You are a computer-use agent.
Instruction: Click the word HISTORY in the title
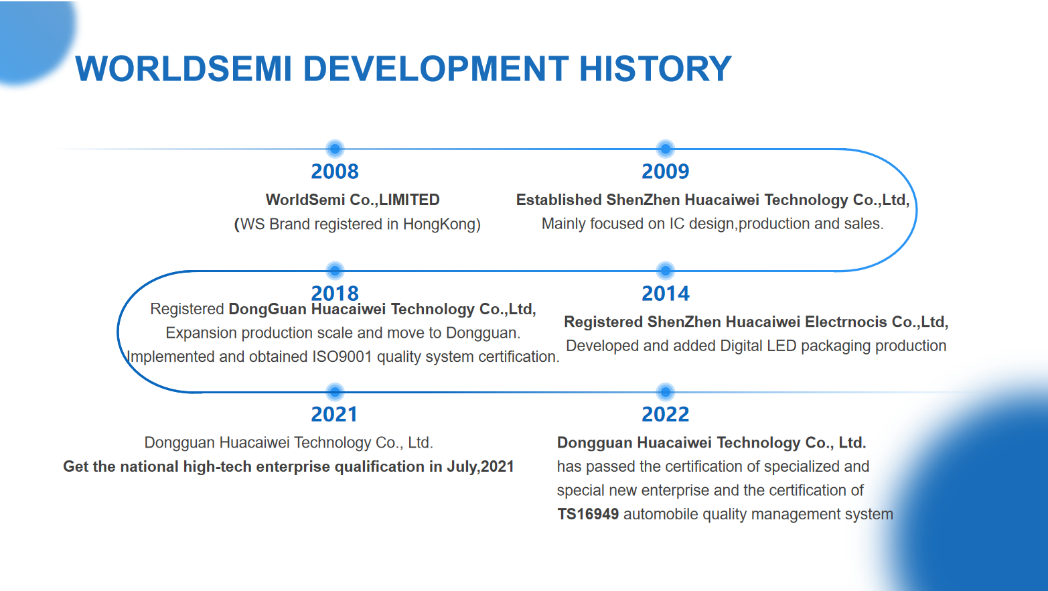click(655, 69)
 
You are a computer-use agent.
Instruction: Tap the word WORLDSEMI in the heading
click(183, 69)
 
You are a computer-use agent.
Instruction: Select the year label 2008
click(335, 172)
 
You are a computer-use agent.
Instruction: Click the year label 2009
click(665, 172)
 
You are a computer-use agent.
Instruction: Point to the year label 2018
click(335, 293)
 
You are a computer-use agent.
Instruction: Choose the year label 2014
click(665, 293)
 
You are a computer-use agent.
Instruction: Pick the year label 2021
click(335, 415)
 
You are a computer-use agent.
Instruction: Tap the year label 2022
click(665, 415)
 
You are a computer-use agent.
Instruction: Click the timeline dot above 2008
click(335, 149)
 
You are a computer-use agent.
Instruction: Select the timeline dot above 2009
click(665, 149)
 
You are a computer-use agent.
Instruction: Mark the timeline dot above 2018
click(335, 270)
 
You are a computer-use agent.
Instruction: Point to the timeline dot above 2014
click(665, 270)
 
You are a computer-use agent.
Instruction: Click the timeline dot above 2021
click(335, 392)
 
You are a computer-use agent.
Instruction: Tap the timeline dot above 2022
click(665, 392)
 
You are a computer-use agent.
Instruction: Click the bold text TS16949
click(588, 514)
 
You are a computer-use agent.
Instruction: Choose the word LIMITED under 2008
click(409, 200)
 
